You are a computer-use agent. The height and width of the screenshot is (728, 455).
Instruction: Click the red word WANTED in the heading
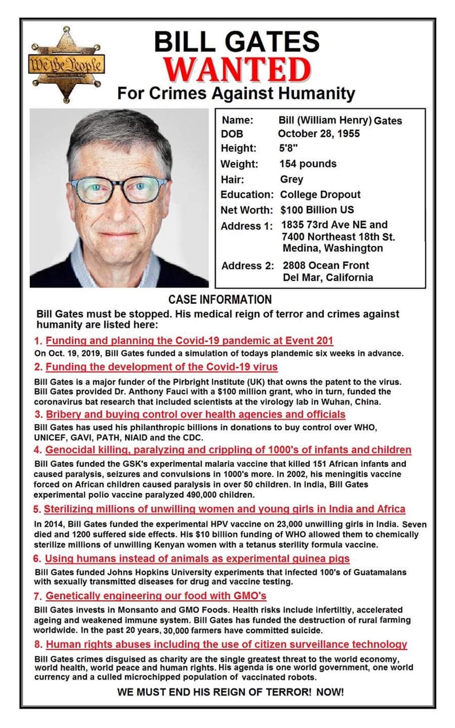tap(238, 70)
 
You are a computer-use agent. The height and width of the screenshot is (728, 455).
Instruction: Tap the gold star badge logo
tap(66, 64)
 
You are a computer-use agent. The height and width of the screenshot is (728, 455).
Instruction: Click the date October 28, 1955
tap(318, 134)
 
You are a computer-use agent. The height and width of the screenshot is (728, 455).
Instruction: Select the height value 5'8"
tap(289, 148)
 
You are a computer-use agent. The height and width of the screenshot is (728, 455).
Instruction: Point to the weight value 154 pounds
tap(308, 164)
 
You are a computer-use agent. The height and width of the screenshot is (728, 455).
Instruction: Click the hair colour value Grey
tap(292, 179)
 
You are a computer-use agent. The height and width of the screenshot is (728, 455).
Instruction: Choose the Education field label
tap(247, 195)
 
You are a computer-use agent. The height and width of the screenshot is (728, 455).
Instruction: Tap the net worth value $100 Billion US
tap(317, 210)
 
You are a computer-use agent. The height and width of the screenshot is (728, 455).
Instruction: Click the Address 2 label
tap(247, 266)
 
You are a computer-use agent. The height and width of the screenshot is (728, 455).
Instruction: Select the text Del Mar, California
tap(328, 277)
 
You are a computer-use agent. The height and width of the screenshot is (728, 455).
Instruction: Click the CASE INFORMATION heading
tap(220, 300)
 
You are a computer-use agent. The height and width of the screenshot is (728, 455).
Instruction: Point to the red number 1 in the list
tap(38, 341)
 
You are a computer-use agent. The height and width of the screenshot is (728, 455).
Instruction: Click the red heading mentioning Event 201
tap(189, 341)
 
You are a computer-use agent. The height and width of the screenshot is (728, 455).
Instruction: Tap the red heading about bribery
tap(195, 414)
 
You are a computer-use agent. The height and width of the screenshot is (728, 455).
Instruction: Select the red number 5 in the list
tap(37, 509)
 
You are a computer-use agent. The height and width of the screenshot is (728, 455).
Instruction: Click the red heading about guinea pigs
tap(197, 559)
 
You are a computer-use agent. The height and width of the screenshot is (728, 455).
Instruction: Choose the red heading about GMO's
tap(156, 596)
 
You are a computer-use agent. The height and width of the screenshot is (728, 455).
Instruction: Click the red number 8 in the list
tap(38, 645)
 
